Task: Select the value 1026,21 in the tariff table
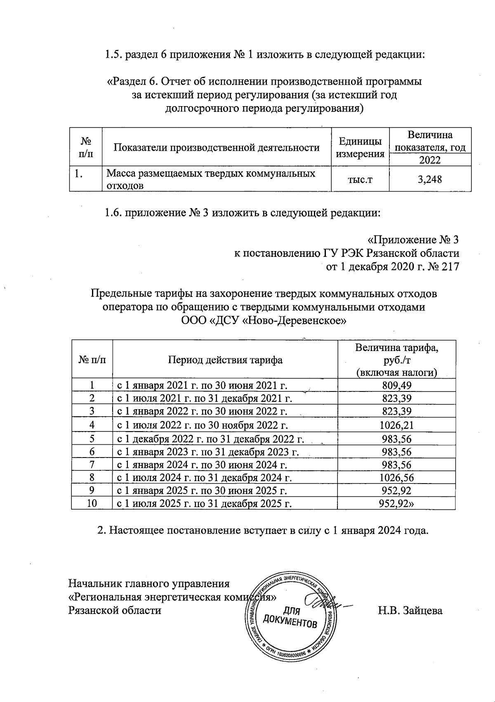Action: [x=396, y=425]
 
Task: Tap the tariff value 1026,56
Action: [x=396, y=478]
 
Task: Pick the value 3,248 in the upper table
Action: [x=429, y=179]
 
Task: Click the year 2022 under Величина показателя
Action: [x=430, y=160]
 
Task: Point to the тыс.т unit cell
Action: [x=360, y=179]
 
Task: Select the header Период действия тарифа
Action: [x=225, y=360]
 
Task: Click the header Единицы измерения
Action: [x=360, y=147]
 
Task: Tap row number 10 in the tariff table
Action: [x=92, y=503]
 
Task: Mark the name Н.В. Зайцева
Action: [x=410, y=610]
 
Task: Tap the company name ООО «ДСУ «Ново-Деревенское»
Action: [x=264, y=320]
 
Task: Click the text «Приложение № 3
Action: [x=413, y=240]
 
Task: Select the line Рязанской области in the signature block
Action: [x=114, y=610]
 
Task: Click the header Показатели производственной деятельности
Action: [x=217, y=147]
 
